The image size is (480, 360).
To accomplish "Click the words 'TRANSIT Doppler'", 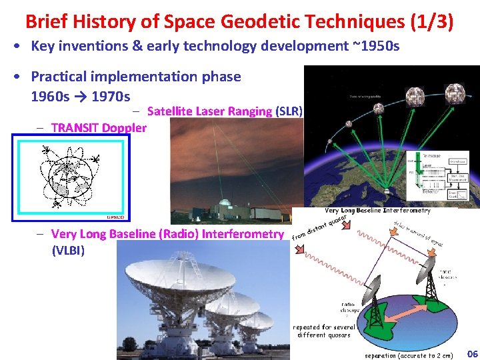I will coord(99,127).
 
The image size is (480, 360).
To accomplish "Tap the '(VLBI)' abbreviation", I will coord(68,251).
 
